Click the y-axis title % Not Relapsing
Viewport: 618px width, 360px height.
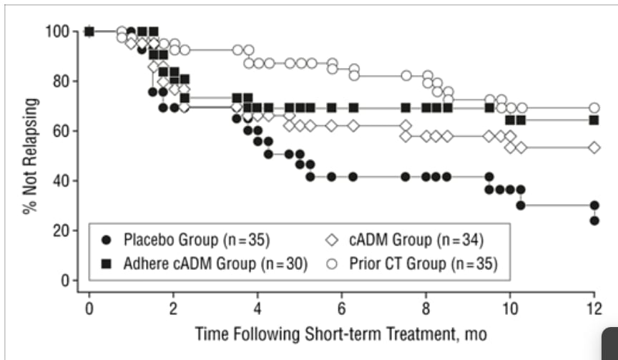30,156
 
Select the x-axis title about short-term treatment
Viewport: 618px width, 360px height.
341,334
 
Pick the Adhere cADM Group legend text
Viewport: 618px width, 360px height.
215,264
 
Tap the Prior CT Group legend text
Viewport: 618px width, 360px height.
423,264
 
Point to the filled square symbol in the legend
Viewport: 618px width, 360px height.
107,264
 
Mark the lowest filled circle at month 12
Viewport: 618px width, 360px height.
594,221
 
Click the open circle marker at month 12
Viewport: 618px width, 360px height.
594,107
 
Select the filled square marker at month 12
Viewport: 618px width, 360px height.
594,120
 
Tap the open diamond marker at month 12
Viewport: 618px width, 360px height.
594,147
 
